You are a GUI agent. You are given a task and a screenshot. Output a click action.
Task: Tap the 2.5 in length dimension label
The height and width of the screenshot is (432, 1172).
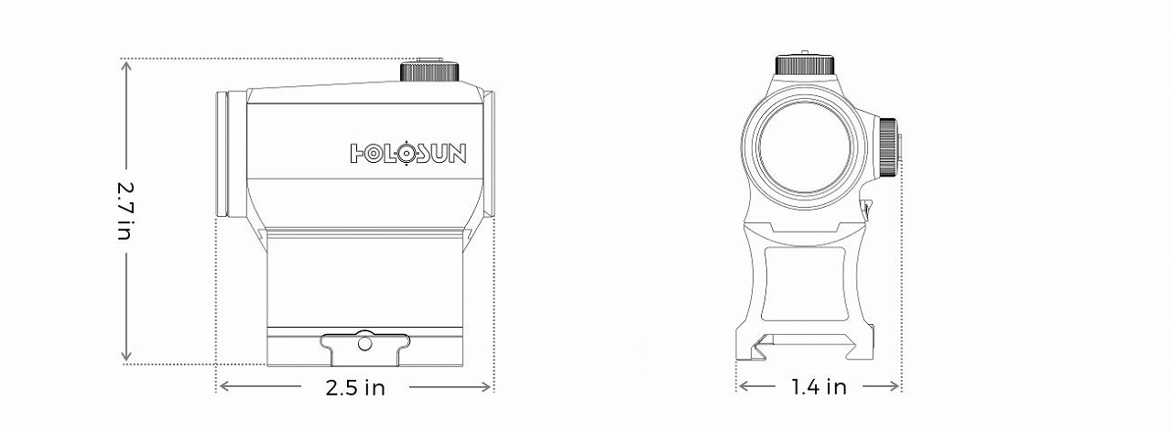[355, 388]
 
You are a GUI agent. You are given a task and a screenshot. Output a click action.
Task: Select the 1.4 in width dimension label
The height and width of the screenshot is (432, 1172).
[819, 387]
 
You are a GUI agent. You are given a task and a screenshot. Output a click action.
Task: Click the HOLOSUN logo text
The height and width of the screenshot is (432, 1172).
[408, 153]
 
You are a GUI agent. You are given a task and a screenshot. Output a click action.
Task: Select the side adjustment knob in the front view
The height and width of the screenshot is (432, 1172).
[888, 146]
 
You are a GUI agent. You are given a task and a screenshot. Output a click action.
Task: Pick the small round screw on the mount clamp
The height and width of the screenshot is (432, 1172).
[364, 344]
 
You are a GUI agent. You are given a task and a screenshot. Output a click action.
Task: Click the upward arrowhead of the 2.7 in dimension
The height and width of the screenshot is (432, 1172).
[126, 65]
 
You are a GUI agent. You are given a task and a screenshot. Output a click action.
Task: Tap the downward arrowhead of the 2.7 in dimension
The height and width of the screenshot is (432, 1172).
[126, 358]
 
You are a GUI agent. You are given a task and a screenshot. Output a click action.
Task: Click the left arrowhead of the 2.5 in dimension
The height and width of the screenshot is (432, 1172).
[222, 387]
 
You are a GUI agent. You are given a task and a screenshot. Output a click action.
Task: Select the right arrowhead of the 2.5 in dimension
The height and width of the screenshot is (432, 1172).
[488, 387]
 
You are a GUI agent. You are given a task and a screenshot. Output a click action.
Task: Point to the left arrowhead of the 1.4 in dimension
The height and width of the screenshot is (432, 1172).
[742, 387]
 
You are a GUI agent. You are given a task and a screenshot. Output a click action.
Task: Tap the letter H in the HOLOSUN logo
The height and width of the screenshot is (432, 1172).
[360, 153]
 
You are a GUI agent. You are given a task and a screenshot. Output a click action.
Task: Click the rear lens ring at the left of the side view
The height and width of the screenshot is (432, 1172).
[221, 154]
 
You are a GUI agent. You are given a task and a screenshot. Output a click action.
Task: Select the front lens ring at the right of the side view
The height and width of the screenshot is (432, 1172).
[489, 154]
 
